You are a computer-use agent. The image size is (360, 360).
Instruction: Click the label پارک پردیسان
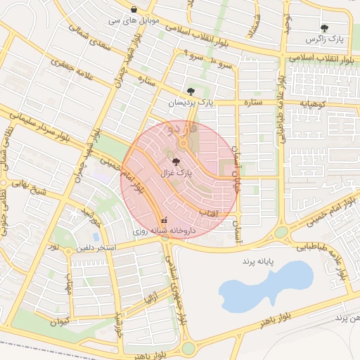[190, 103]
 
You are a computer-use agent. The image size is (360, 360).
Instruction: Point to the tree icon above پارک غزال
[176, 161]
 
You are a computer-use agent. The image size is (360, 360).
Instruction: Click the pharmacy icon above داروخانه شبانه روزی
[165, 220]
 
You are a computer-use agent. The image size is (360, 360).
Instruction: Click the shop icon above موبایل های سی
[134, 9]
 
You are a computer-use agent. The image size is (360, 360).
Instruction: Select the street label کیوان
[60, 321]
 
